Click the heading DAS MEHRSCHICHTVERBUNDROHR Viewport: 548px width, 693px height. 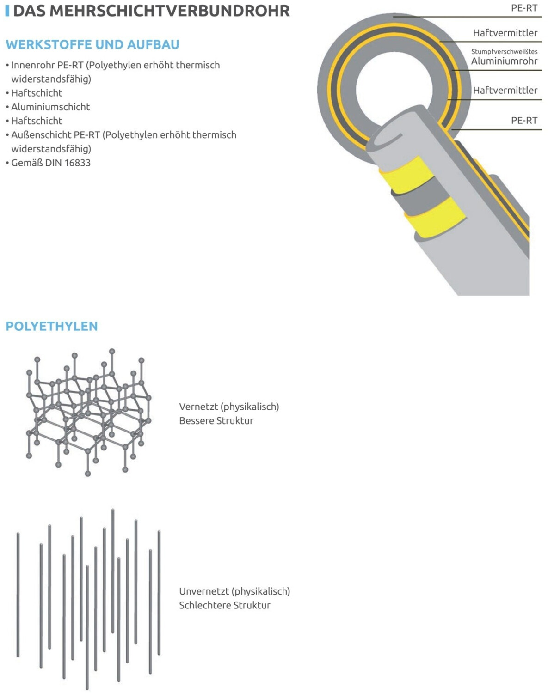[x=152, y=11]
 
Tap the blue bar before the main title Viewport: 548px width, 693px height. [x=7, y=11]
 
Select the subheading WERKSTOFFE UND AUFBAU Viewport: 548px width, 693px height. [x=92, y=45]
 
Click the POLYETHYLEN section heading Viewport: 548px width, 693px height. [x=52, y=327]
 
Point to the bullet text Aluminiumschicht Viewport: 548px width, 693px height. [x=50, y=107]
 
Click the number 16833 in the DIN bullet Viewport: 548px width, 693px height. [x=77, y=163]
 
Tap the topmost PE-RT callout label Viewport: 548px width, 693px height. [x=524, y=8]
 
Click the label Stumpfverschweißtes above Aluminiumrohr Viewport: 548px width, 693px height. [x=504, y=52]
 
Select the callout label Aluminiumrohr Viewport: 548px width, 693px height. [x=504, y=61]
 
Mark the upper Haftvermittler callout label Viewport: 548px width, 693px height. [x=505, y=33]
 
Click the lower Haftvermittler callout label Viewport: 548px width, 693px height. [x=505, y=91]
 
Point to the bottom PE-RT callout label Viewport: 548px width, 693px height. [x=524, y=121]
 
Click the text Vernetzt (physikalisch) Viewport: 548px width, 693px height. [x=229, y=407]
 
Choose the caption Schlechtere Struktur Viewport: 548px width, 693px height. [x=224, y=606]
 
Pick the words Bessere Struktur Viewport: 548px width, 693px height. [x=216, y=421]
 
